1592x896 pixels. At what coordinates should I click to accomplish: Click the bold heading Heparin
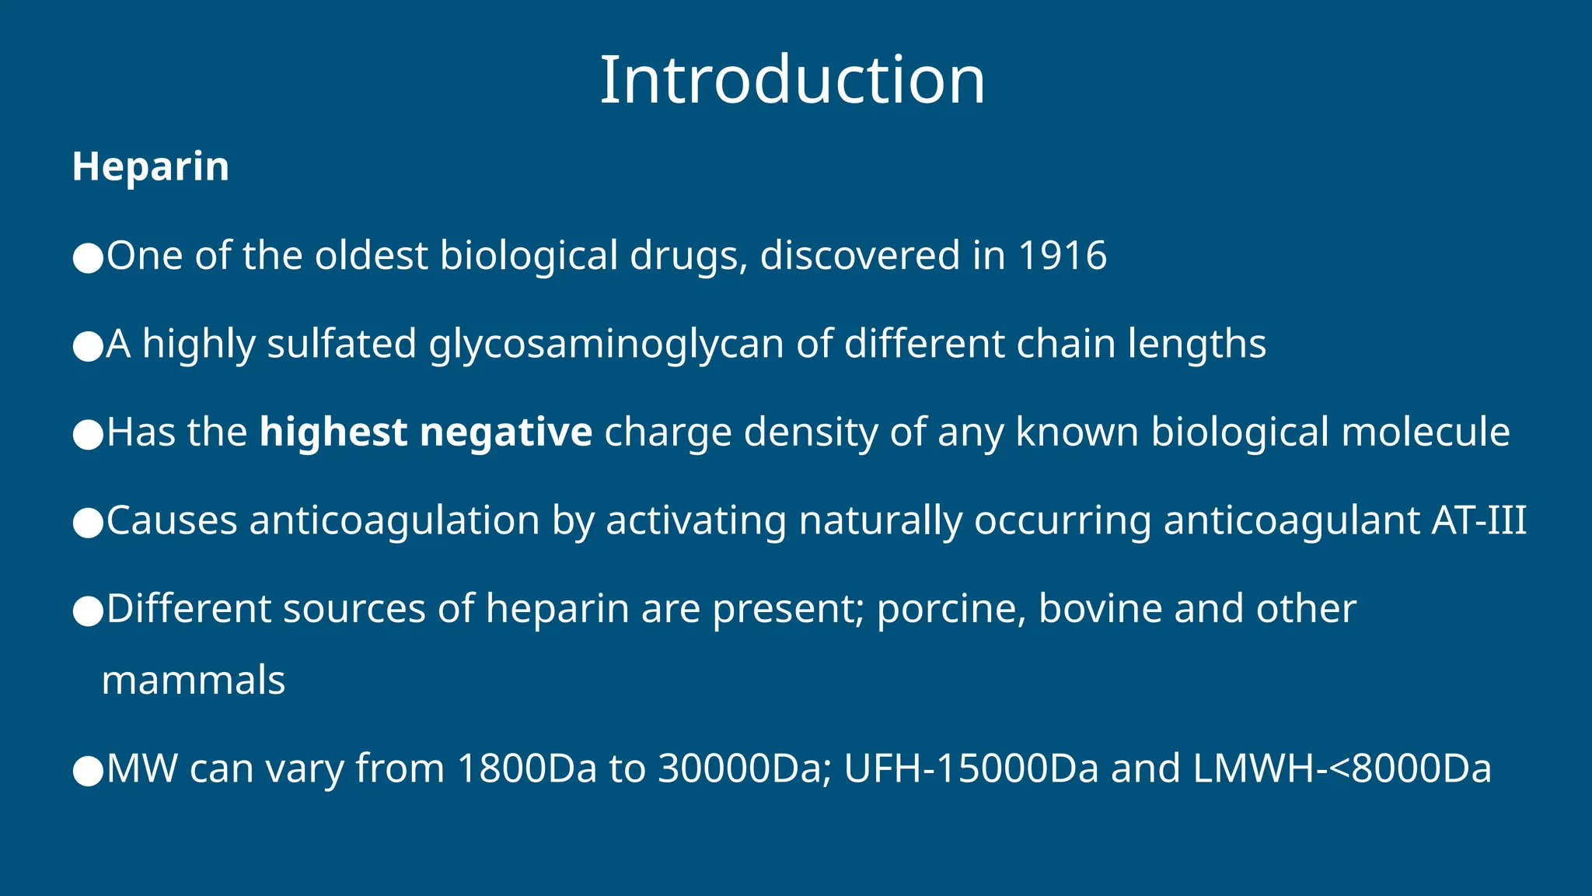pyautogui.click(x=151, y=166)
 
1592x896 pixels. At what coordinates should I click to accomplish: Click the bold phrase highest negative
pyautogui.click(x=426, y=432)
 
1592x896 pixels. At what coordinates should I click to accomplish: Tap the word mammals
pyautogui.click(x=194, y=681)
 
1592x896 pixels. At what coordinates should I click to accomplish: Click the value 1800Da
pyautogui.click(x=527, y=769)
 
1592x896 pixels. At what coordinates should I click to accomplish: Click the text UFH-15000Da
pyautogui.click(x=971, y=769)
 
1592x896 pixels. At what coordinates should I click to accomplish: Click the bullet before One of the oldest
pyautogui.click(x=88, y=258)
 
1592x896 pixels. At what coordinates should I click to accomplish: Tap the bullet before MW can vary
pyautogui.click(x=88, y=772)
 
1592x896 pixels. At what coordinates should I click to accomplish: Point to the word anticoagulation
pyautogui.click(x=394, y=520)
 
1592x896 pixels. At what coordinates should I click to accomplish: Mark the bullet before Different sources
pyautogui.click(x=88, y=611)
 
